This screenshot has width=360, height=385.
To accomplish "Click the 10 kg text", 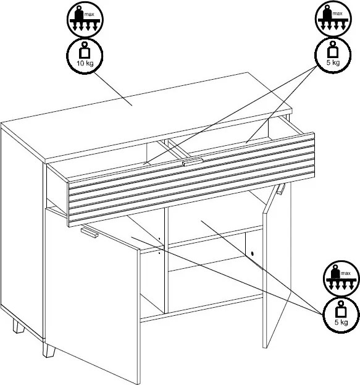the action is (x=85, y=63).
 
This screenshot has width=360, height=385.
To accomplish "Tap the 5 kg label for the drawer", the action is (x=333, y=62).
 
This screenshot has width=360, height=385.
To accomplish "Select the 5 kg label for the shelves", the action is (x=341, y=322).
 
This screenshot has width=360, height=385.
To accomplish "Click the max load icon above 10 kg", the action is (x=85, y=19).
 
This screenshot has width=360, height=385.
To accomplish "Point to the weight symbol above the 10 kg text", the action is (x=85, y=50).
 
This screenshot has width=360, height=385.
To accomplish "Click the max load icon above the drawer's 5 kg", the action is (x=333, y=19).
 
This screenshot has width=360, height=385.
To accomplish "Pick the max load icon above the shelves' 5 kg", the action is (x=341, y=279).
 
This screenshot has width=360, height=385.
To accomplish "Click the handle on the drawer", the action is (x=193, y=162).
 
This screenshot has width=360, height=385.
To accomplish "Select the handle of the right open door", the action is (x=281, y=189).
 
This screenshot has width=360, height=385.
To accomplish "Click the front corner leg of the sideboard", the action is (x=49, y=350).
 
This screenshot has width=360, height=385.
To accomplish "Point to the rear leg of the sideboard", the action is (x=19, y=326).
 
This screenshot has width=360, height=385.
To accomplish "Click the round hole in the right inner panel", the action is (x=253, y=253).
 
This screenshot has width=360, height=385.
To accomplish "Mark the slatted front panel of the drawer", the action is (x=191, y=180).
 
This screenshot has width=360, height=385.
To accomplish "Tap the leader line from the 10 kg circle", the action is (x=114, y=88).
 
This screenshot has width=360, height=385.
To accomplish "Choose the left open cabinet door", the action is (x=93, y=295).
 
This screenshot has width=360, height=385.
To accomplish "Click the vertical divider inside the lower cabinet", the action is (x=166, y=260).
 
